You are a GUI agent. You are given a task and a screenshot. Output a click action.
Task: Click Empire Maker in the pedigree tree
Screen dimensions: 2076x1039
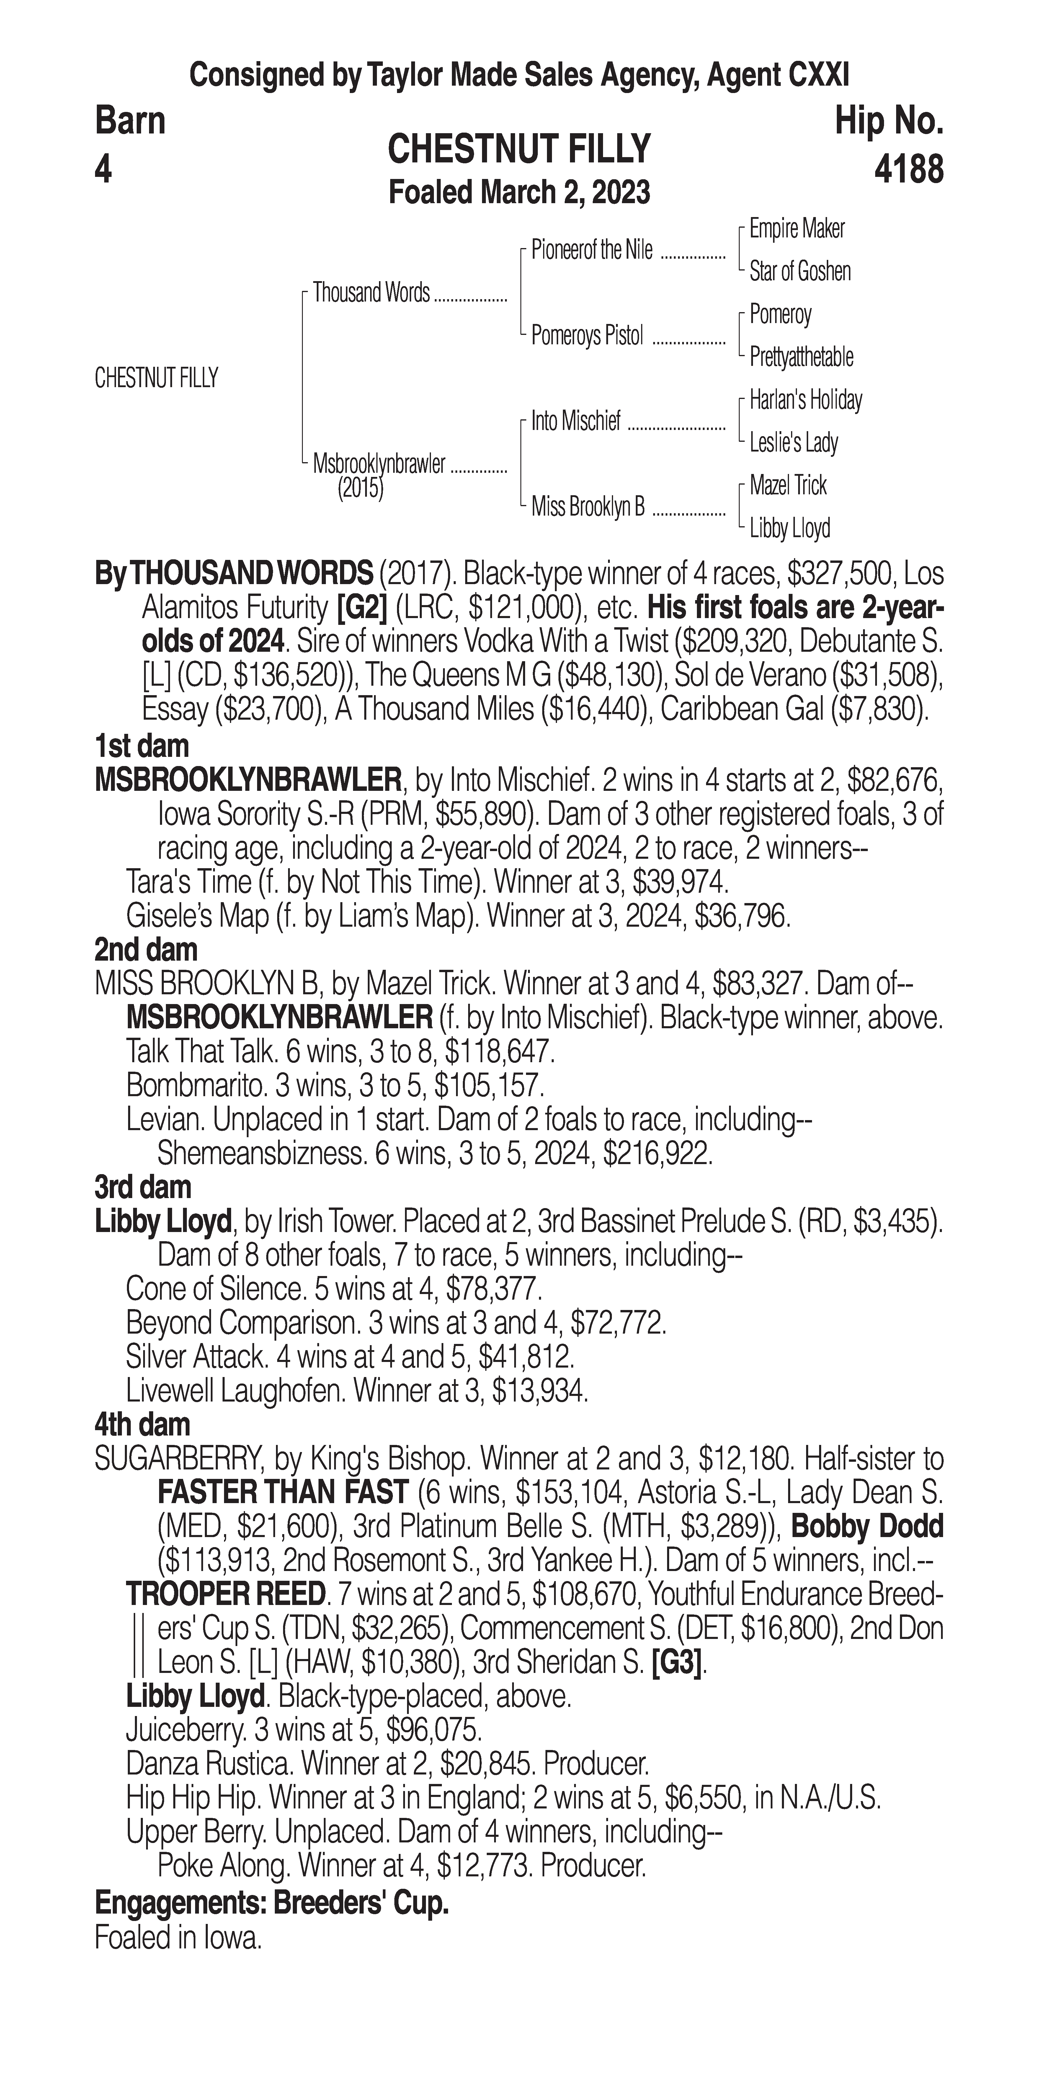[797, 229]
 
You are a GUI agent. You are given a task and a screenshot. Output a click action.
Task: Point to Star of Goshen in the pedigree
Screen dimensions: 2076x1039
[800, 272]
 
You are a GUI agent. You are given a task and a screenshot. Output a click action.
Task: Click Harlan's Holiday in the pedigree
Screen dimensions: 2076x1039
[806, 400]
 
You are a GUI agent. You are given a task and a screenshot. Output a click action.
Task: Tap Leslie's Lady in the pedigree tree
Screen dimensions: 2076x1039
[793, 442]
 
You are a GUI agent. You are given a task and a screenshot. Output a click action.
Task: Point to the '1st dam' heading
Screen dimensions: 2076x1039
[142, 746]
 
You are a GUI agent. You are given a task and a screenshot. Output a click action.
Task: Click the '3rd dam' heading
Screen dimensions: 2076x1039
[143, 1187]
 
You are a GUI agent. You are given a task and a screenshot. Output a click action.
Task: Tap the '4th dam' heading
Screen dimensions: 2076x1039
[142, 1424]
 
